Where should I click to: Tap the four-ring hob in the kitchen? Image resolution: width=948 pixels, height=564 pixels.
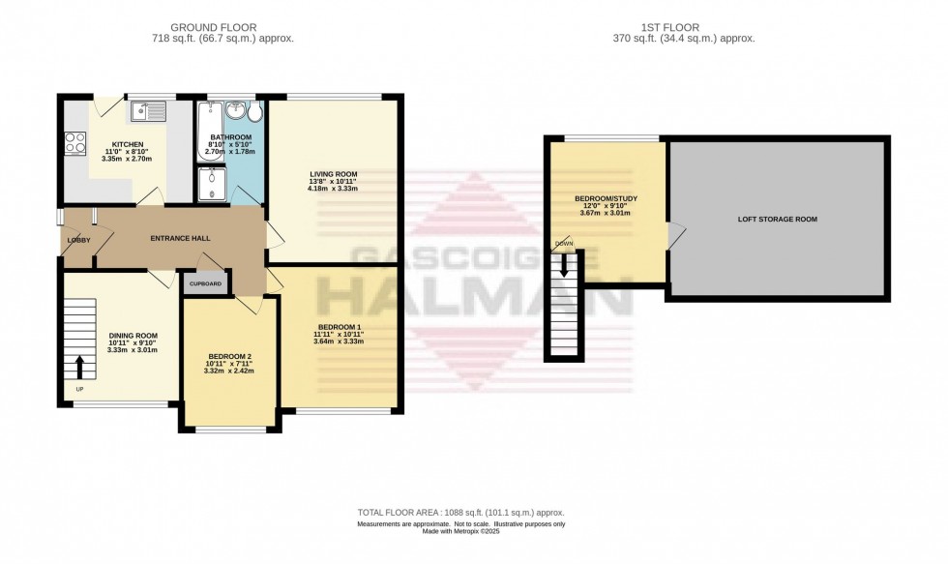coord(74,143)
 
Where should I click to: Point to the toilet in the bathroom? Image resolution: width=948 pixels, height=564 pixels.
coord(254,113)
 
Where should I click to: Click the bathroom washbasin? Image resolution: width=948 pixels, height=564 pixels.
coord(235,110)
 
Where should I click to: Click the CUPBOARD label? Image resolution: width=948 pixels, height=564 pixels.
coord(205,283)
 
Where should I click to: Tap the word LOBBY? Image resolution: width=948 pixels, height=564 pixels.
coord(77,239)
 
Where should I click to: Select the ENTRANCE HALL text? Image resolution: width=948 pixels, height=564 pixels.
coord(180,238)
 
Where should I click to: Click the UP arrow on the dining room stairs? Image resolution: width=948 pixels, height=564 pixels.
coord(79,368)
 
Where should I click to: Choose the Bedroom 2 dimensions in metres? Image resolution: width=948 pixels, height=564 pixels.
coord(227,371)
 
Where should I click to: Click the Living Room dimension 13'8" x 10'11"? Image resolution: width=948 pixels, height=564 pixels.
coord(332,181)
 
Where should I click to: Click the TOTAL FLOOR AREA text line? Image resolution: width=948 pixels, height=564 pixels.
coord(460,513)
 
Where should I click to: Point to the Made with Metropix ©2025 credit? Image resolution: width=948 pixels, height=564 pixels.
coord(460,532)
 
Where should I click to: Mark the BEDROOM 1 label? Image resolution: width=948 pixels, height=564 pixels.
coord(338,325)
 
